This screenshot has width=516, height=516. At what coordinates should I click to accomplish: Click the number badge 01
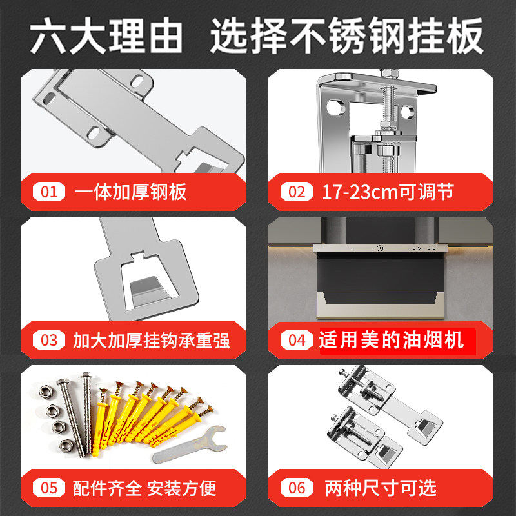point(49,192)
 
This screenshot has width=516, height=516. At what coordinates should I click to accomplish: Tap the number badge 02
point(297,192)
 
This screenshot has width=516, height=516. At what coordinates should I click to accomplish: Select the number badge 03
point(49,340)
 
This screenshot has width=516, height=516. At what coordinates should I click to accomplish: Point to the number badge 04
point(297,340)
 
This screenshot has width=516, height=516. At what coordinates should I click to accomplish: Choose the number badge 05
point(49,488)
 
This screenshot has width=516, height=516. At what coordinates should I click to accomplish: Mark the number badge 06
point(297,488)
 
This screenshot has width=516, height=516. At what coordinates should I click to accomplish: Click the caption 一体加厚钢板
point(131,192)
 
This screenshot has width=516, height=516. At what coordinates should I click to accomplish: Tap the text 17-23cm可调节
point(388,192)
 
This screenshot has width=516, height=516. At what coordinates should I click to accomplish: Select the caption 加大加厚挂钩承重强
point(152,341)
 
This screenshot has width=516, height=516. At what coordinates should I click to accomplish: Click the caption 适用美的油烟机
point(392,340)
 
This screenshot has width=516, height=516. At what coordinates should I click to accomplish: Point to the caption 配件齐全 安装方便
point(144,488)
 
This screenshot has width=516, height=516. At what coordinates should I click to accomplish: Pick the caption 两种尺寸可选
point(381,488)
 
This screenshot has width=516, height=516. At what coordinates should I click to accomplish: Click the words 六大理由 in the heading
point(106,35)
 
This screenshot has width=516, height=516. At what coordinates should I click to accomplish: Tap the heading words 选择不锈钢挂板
point(347,35)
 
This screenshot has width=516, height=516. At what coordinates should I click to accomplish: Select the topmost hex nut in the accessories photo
point(46,392)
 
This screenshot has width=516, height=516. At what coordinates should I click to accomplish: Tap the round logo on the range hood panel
point(380,248)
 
